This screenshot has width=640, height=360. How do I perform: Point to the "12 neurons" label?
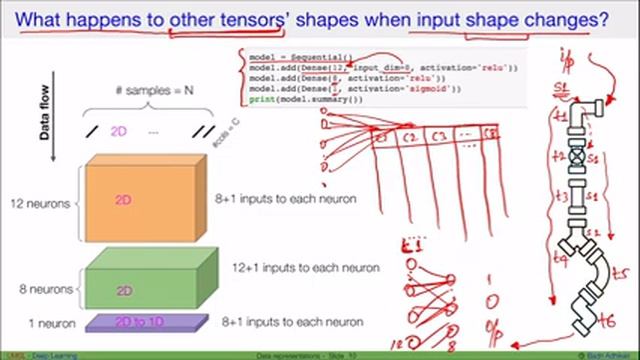pyautogui.click(x=39, y=204)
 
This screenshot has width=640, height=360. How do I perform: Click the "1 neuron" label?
pyautogui.click(x=45, y=322)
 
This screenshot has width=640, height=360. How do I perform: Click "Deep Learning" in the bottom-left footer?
pyautogui.click(x=32, y=355)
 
